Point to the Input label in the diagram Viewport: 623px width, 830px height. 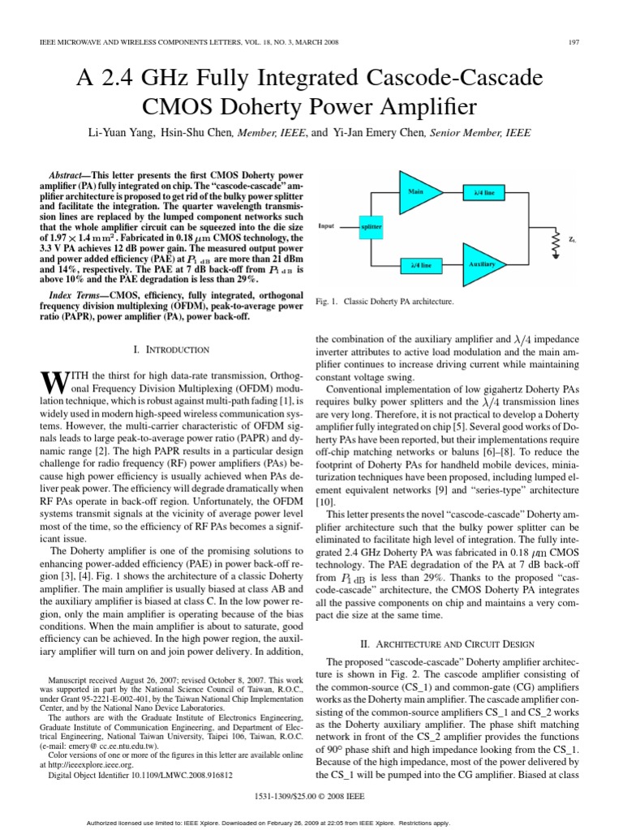(x=326, y=227)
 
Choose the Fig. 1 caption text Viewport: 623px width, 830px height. (x=384, y=302)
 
